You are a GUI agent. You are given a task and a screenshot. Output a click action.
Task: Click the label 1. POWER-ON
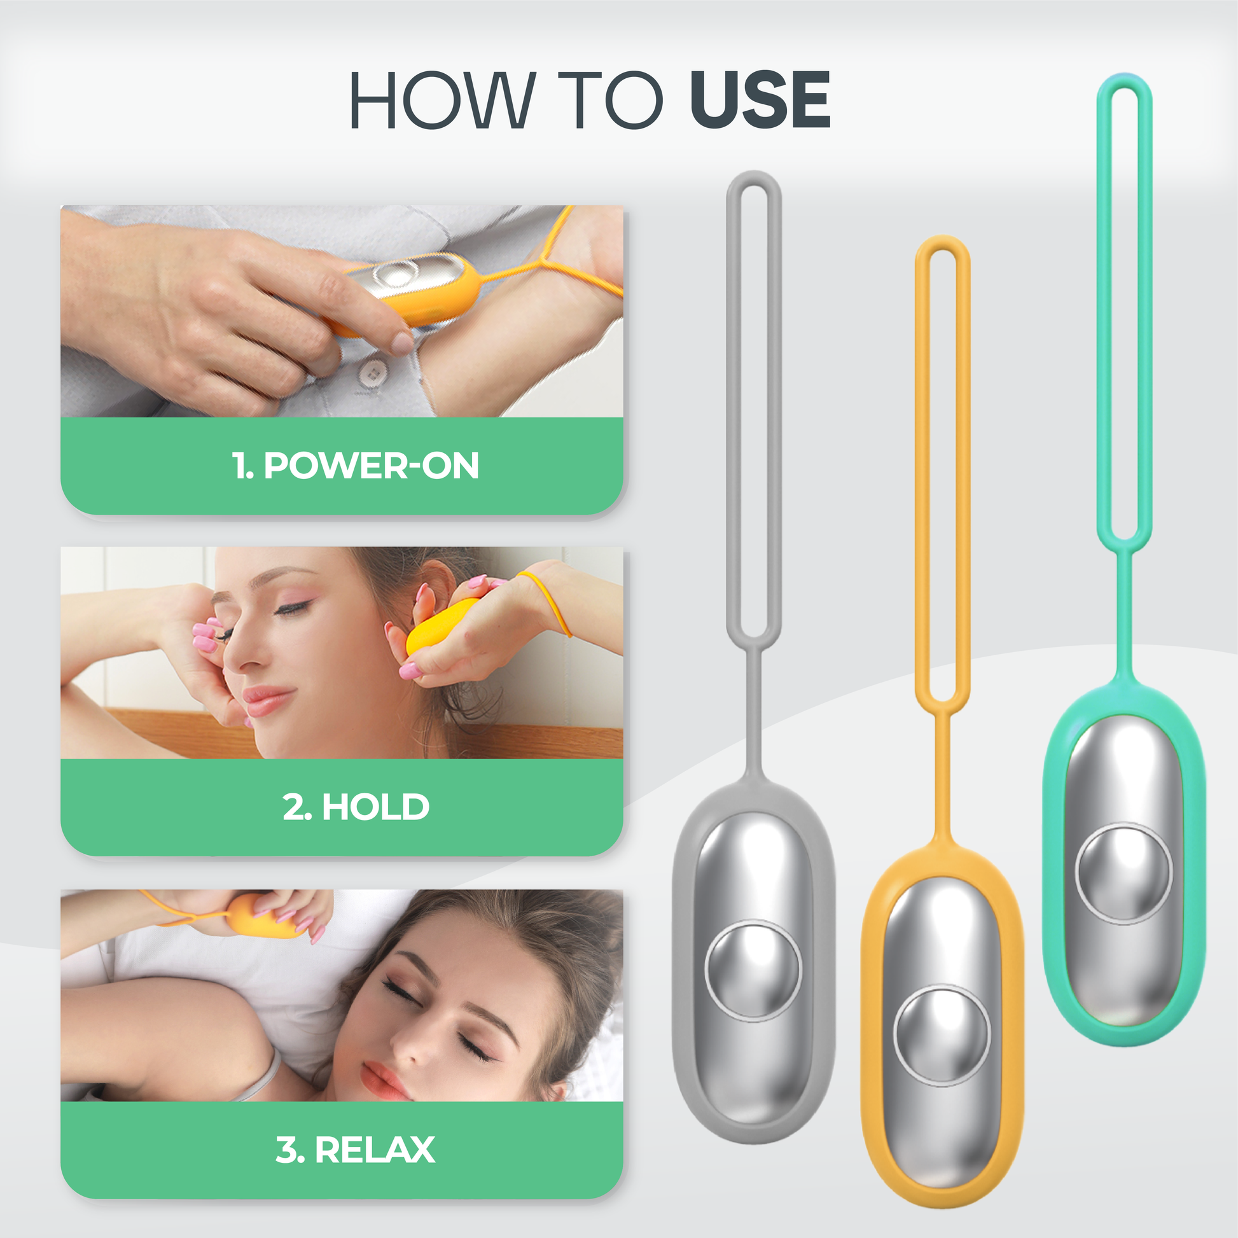[x=355, y=465]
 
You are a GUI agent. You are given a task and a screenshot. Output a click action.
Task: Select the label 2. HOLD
[x=356, y=807]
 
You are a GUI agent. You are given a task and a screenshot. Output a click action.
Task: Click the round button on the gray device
[x=753, y=971]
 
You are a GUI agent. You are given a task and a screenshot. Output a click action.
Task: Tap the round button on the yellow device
[x=942, y=1036]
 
